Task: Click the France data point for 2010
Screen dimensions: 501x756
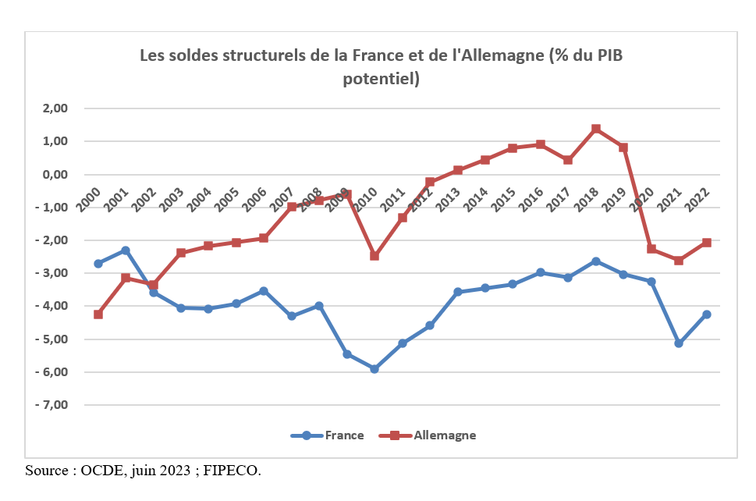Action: click(374, 368)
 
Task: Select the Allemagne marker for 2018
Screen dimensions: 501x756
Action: click(595, 129)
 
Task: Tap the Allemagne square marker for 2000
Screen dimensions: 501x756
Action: click(98, 314)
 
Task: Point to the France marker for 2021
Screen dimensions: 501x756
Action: click(679, 343)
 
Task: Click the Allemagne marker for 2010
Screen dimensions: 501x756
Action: click(374, 256)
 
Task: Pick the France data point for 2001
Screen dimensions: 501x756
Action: click(126, 250)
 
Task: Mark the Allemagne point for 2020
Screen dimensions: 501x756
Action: click(651, 249)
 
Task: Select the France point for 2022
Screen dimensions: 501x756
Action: click(707, 314)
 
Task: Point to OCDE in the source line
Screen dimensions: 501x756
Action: click(101, 471)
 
